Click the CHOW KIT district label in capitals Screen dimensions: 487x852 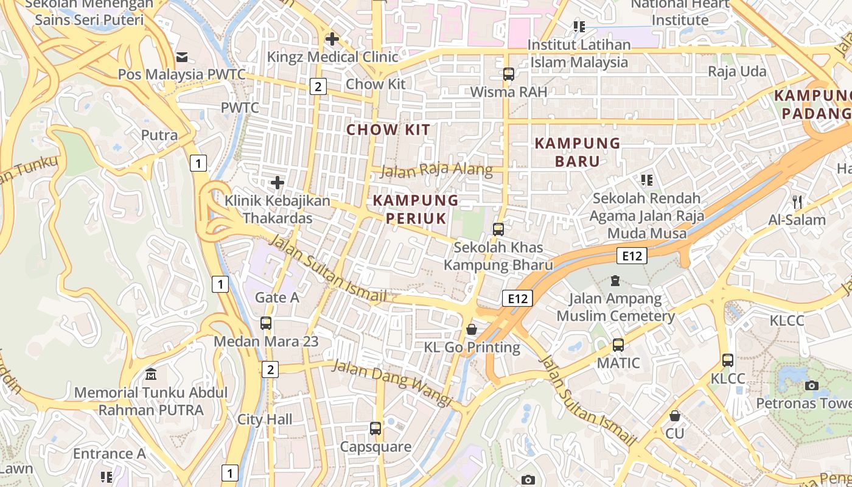click(x=388, y=130)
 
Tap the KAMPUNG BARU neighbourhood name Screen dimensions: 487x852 click(x=577, y=152)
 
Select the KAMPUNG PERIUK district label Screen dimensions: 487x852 click(x=416, y=209)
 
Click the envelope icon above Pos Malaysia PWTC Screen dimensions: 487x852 click(x=182, y=57)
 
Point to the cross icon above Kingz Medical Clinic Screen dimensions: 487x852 click(x=332, y=39)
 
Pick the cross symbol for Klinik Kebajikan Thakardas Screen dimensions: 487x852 click(x=278, y=183)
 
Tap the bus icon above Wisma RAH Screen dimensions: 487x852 click(x=509, y=74)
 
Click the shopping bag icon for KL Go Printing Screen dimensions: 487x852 click(x=472, y=329)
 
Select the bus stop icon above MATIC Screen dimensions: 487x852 click(x=618, y=345)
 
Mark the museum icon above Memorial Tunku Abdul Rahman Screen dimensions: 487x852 click(x=151, y=374)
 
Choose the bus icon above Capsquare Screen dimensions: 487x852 click(x=375, y=429)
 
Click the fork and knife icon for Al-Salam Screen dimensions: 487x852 click(x=797, y=201)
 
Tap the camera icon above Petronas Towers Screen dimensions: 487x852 click(x=811, y=385)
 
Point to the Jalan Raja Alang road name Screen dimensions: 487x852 click(x=436, y=170)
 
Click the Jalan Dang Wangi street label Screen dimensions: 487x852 click(x=393, y=382)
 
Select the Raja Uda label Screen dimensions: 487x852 click(x=737, y=71)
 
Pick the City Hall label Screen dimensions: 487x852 click(x=265, y=419)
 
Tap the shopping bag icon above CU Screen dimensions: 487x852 click(x=674, y=416)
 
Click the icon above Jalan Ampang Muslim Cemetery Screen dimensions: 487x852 click(x=615, y=281)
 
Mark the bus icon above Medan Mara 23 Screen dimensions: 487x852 click(x=266, y=323)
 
